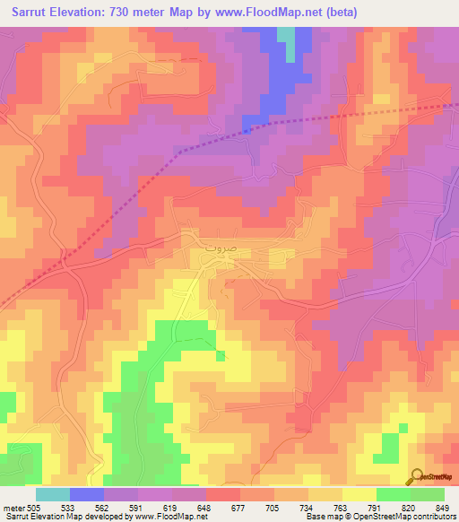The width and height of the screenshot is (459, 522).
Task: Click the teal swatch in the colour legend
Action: coord(53,494)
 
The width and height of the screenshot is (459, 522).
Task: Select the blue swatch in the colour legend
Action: coord(87,494)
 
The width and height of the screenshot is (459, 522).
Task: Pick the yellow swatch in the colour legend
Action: coord(359,494)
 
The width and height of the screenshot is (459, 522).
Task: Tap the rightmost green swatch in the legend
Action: coord(428,494)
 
